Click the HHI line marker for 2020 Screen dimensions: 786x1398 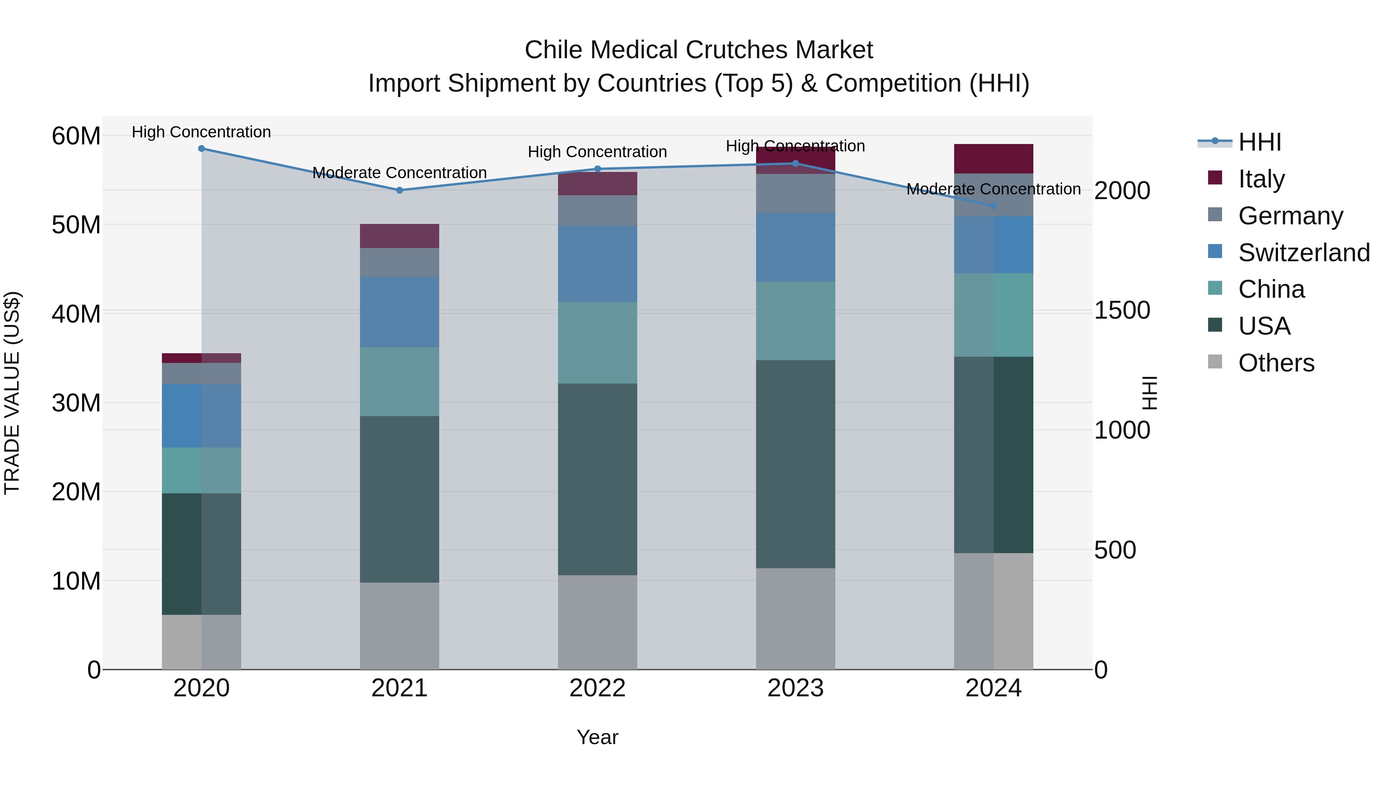[x=201, y=149]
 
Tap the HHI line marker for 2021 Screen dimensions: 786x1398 [x=400, y=191]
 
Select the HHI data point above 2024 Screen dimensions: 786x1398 [x=994, y=206]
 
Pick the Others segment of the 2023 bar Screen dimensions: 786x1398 [x=796, y=619]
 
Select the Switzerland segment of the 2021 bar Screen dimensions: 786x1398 [x=400, y=312]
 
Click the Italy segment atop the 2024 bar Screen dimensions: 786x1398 [x=994, y=159]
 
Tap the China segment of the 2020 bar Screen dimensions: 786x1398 [x=201, y=470]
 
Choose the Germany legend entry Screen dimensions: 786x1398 [x=1290, y=216]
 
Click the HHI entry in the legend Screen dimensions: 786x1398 [x=1259, y=142]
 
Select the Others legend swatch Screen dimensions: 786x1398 [x=1215, y=362]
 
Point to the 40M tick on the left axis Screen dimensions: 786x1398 [x=76, y=314]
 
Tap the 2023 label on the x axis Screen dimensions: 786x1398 [x=796, y=688]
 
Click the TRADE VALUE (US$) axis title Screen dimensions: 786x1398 [x=12, y=393]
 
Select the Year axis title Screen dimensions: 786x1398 [x=598, y=737]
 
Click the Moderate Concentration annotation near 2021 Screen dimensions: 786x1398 [x=400, y=172]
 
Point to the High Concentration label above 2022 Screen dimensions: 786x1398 [x=598, y=152]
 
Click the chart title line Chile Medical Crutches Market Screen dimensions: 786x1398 [x=699, y=50]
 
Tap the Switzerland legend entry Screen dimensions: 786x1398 [x=1304, y=253]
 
